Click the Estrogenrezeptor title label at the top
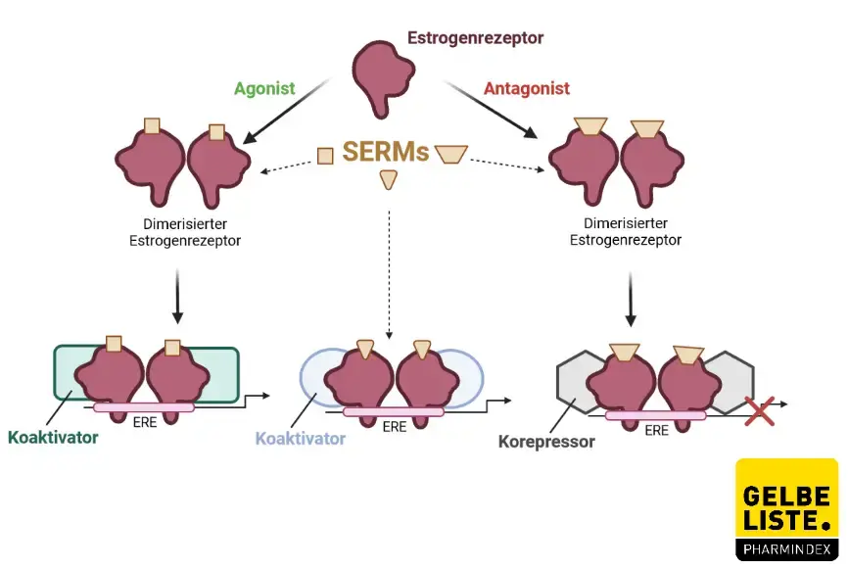[475, 38]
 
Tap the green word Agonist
[264, 88]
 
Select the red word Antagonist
[527, 88]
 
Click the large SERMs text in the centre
[386, 152]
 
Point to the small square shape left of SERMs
[325, 155]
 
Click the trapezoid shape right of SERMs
[451, 154]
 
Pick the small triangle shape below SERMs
[389, 178]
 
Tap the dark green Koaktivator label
[53, 437]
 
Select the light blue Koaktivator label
[301, 439]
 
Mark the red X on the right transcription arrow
[759, 411]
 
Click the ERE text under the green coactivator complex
[143, 423]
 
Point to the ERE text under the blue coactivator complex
[395, 426]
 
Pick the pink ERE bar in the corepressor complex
[655, 415]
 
